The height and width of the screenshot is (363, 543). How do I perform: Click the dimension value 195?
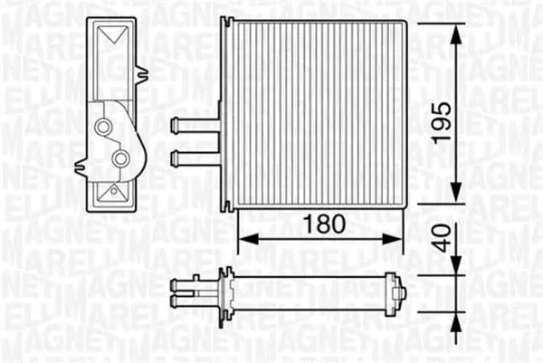(442, 123)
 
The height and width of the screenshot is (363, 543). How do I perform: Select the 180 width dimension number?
(324, 224)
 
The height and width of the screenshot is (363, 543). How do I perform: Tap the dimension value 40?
(443, 237)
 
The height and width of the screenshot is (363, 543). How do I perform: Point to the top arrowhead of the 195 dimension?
(457, 34)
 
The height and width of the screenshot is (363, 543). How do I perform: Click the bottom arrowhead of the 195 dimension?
(457, 191)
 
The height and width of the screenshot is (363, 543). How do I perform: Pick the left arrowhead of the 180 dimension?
(249, 239)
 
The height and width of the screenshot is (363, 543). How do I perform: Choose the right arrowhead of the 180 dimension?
(393, 239)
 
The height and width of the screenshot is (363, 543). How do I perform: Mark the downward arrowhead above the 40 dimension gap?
(457, 265)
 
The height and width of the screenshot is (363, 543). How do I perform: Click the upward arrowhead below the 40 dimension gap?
(457, 322)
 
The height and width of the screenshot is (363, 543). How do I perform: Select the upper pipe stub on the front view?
(195, 125)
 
